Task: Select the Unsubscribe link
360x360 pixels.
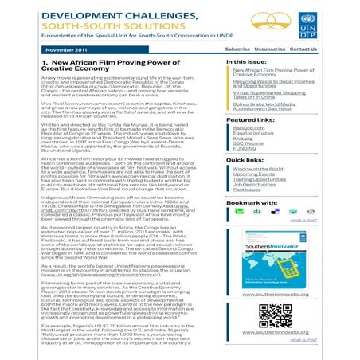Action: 271,49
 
